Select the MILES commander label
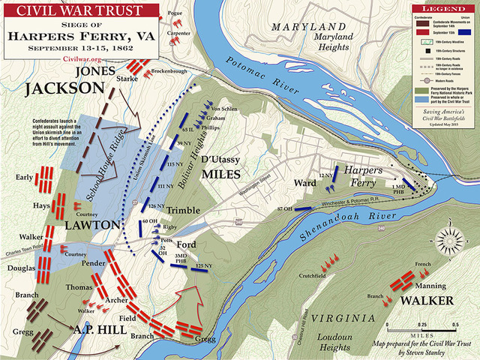click(220, 174)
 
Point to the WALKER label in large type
click(424, 301)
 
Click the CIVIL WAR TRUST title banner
click(57, 11)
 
